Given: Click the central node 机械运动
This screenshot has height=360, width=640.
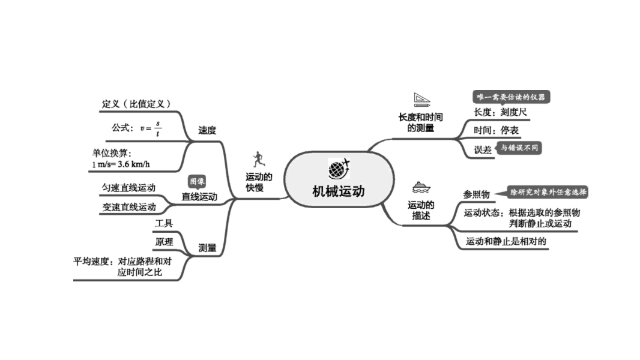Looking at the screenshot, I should tap(338, 191).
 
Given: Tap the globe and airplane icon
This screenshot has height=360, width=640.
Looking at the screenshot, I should tap(339, 169).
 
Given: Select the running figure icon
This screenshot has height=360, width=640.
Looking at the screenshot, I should tap(258, 160).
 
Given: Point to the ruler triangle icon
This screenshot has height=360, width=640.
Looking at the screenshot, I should tap(423, 99).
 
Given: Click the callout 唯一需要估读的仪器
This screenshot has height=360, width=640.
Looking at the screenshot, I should tap(511, 97).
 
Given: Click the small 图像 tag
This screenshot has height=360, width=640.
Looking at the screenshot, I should tap(197, 181).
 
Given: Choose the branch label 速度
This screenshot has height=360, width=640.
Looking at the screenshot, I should tap(207, 130).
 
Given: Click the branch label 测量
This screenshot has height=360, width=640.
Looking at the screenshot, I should tap(207, 247).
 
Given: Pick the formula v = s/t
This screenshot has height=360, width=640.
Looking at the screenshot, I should tap(151, 128).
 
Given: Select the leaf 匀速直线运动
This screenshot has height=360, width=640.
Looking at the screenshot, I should tap(128, 188).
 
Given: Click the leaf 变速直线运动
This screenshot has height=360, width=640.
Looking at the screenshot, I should tap(128, 207).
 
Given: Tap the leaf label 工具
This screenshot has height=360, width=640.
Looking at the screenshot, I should tap(164, 223).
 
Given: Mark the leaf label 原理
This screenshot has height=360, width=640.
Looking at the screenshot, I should tap(164, 242).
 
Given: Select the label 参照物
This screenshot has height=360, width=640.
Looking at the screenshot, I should tap(476, 194).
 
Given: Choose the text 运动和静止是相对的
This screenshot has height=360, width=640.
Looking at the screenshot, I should tap(506, 241).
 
